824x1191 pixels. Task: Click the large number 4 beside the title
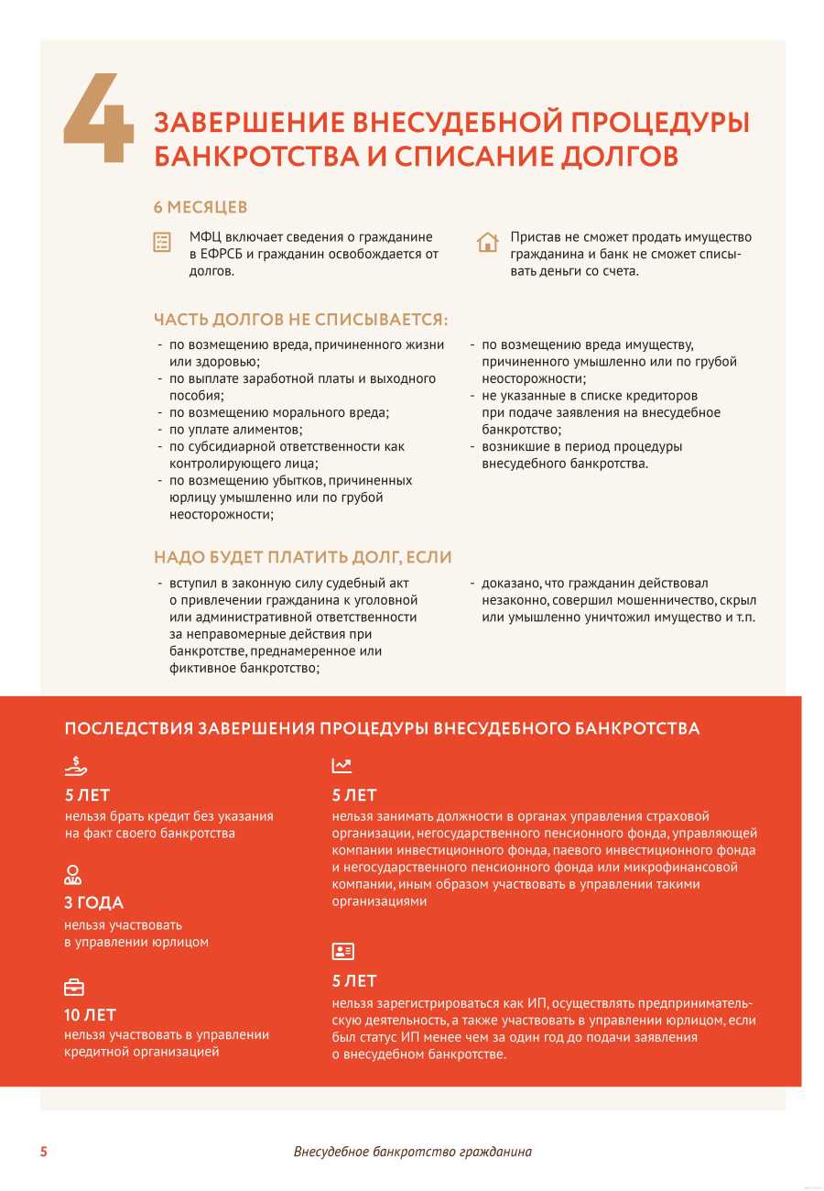coord(99,119)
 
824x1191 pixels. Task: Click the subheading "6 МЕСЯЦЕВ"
coord(200,208)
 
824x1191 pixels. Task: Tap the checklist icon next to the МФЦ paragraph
coord(162,242)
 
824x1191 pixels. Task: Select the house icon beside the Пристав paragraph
coord(487,242)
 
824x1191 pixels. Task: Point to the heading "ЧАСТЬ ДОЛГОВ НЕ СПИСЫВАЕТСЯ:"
coord(301,320)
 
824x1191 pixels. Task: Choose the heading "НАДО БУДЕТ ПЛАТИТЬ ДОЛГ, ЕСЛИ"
coord(302,557)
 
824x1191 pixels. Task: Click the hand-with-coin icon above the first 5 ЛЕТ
coord(76,766)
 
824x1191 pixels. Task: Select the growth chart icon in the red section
coord(342,766)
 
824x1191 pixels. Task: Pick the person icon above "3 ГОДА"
coord(73,873)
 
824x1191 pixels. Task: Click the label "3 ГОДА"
coord(93,902)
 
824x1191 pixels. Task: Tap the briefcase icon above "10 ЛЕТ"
coord(73,987)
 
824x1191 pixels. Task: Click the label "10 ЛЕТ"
coord(91,1015)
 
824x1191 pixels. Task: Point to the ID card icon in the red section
coord(342,951)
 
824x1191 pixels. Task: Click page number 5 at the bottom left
coord(43,1152)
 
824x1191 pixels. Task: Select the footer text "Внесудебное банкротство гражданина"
coord(412,1152)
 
